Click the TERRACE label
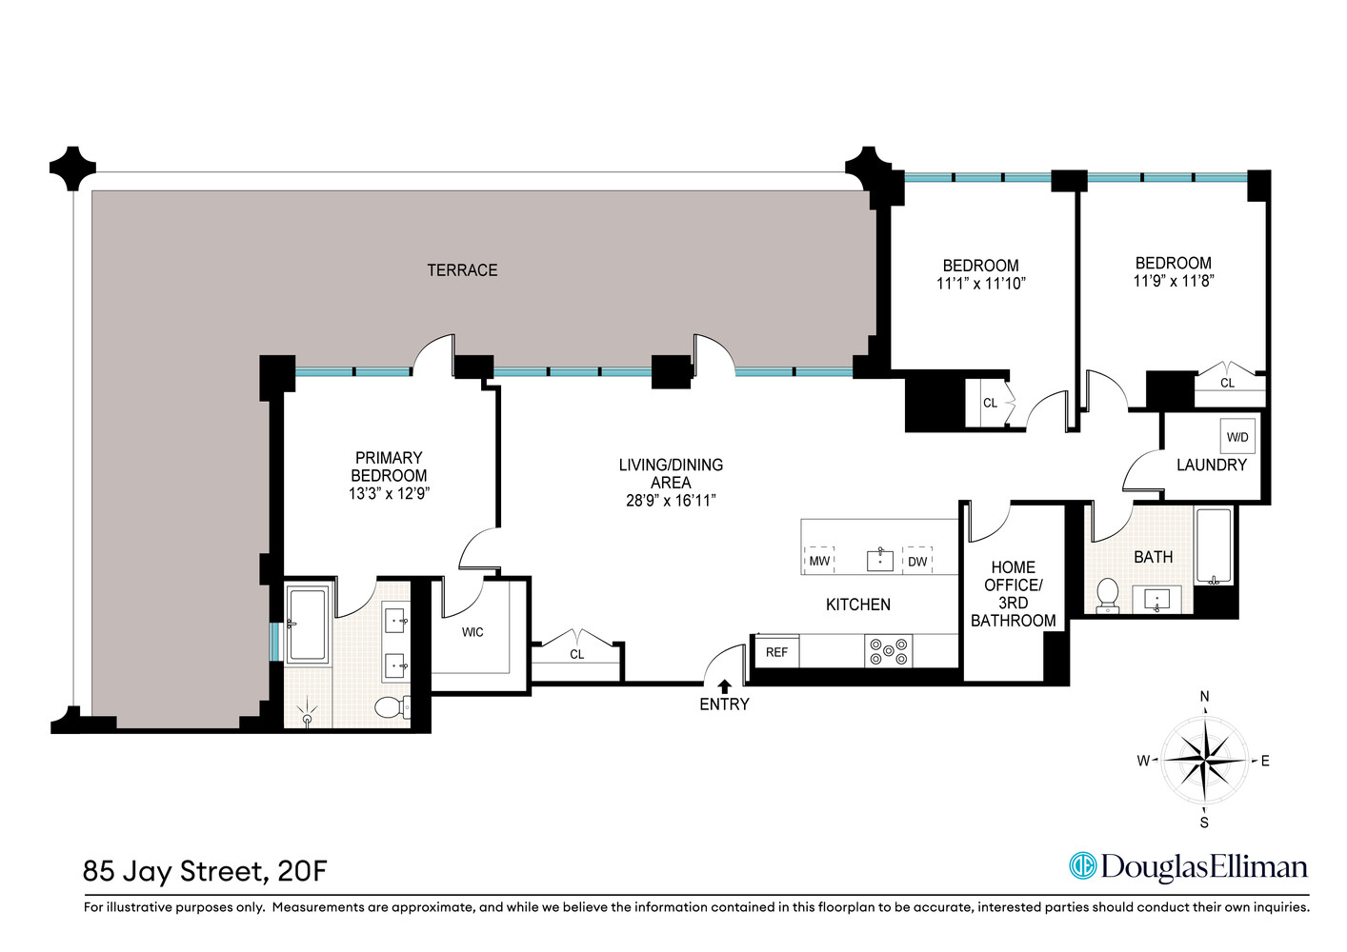[x=462, y=270]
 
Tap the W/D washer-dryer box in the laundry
[x=1237, y=437]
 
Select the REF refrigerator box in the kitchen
[x=776, y=652]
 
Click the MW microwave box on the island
[x=819, y=561]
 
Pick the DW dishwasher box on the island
[x=917, y=561]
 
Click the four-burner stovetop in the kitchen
[x=888, y=651]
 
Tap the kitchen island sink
[x=879, y=560]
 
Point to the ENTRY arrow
[x=724, y=685]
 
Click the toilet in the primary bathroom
[x=391, y=707]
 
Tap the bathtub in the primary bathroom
[x=307, y=625]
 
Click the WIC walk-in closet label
[x=472, y=632]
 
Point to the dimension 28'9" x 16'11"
[x=671, y=501]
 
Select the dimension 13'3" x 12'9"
[x=389, y=493]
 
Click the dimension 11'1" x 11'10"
[x=980, y=283]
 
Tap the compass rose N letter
[x=1204, y=697]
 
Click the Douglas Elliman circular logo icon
[x=1082, y=865]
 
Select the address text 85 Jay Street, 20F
[x=205, y=871]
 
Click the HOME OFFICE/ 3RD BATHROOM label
[x=1013, y=594]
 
